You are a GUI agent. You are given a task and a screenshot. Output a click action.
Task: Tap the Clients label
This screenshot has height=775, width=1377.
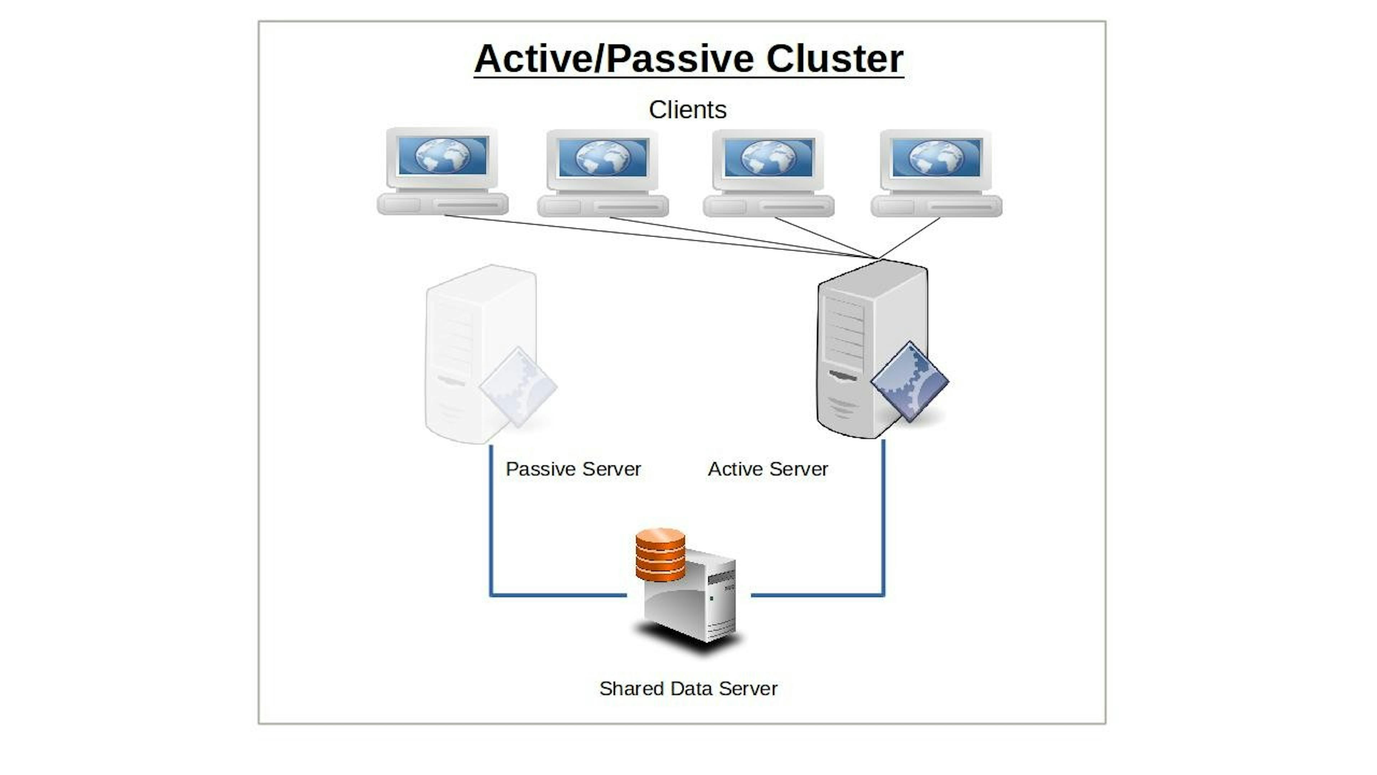coord(687,110)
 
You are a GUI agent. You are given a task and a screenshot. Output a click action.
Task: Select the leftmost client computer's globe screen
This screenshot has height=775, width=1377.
coord(443,156)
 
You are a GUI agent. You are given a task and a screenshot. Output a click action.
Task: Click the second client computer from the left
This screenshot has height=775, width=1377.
coord(603,172)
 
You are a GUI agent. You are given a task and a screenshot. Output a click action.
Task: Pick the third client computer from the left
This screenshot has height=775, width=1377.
coord(769,172)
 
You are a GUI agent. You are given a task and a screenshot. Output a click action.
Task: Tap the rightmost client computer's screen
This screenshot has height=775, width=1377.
coord(937,157)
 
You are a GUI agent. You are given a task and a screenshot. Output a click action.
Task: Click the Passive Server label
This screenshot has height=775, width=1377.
coord(573,469)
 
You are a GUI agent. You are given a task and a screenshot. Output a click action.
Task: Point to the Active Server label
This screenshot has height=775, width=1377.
coord(768,469)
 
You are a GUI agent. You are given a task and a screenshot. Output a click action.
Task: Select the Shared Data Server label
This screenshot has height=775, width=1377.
coord(688,689)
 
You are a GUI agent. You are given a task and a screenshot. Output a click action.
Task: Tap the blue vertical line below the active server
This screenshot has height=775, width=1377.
coord(883,519)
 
